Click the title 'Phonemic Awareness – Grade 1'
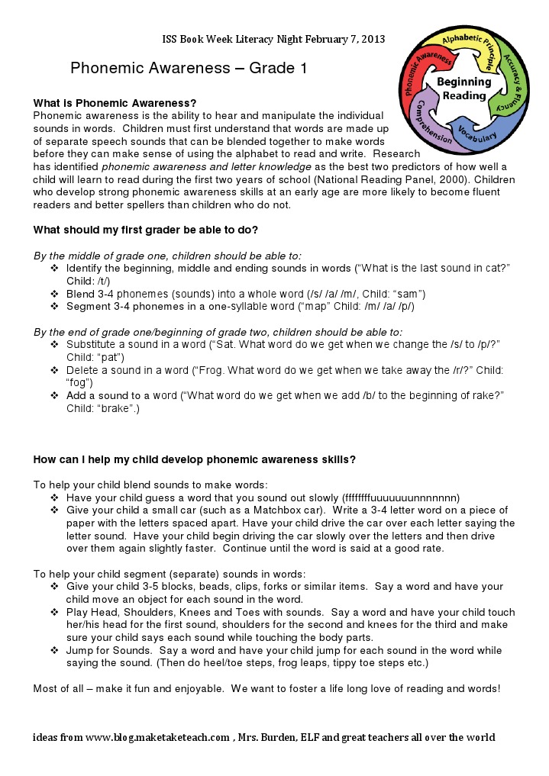tap(189, 69)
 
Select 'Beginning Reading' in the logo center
tap(463, 89)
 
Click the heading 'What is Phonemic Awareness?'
tap(115, 103)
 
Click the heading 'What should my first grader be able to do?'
tap(145, 230)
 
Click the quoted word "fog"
tap(79, 382)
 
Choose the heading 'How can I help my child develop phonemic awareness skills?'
tap(194, 459)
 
